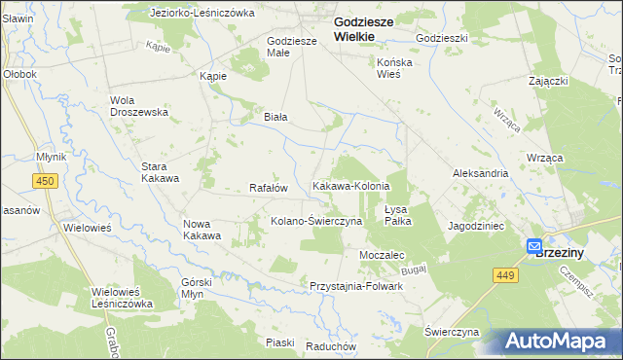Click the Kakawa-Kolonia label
pyautogui.click(x=350, y=186)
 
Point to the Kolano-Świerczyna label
pyautogui.click(x=316, y=221)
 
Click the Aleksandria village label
pyautogui.click(x=480, y=172)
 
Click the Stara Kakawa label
pyautogui.click(x=160, y=172)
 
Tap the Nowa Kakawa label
pyautogui.click(x=202, y=230)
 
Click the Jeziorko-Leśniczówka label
pyautogui.click(x=202, y=14)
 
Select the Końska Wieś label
pyautogui.click(x=395, y=67)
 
